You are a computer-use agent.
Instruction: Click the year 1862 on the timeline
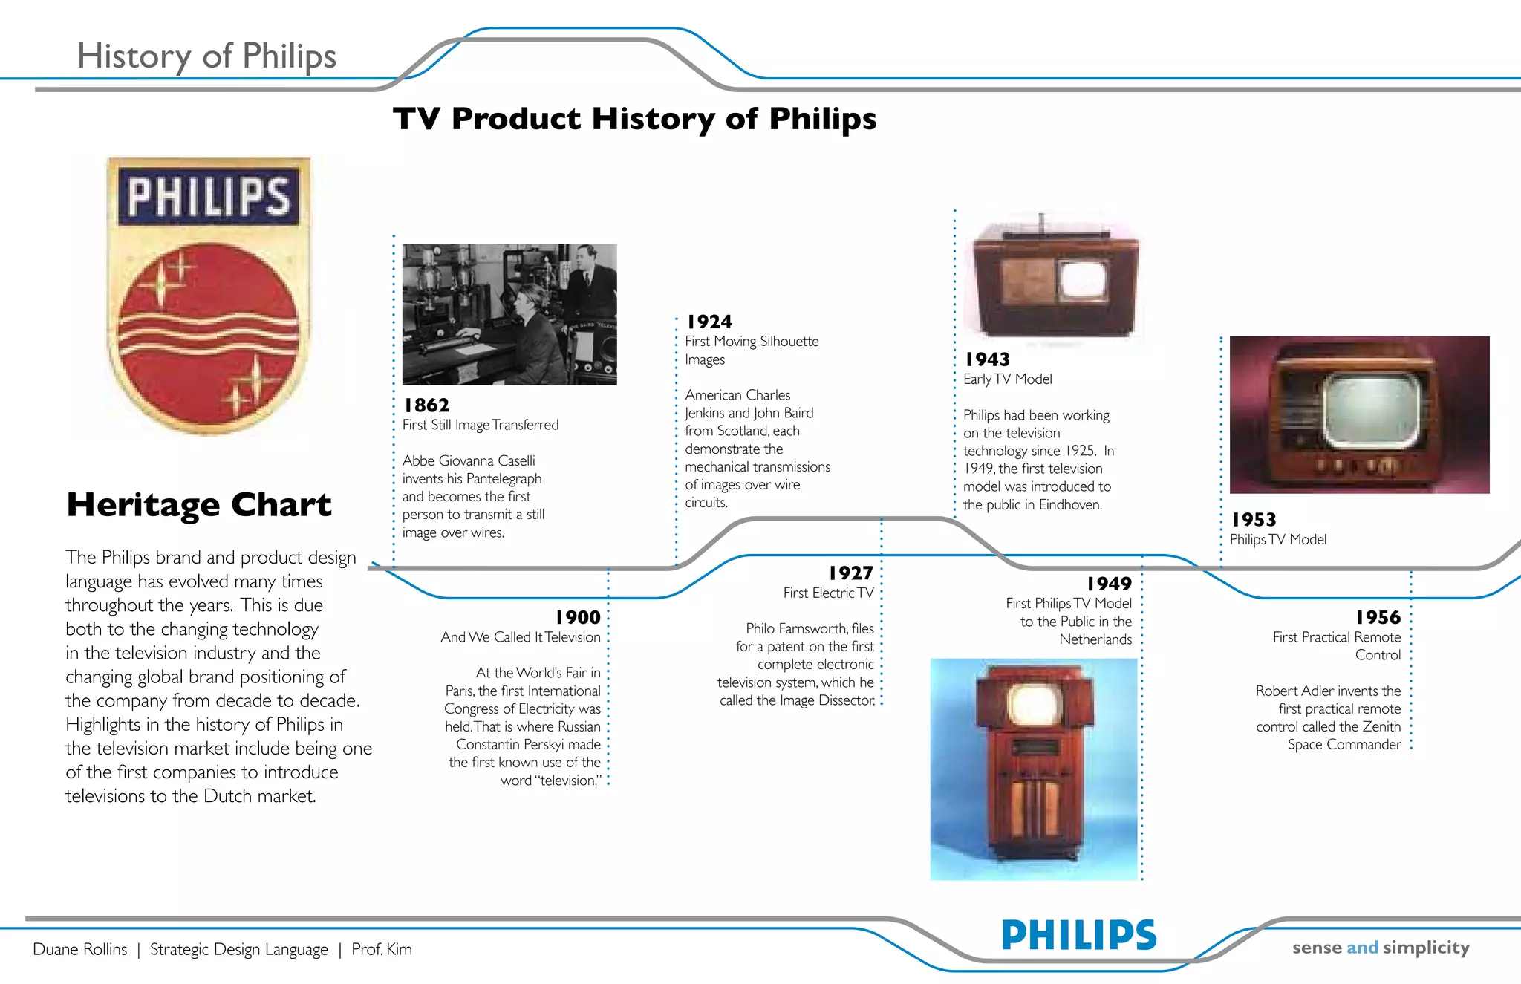pos(426,405)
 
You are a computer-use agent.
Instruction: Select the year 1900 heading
pos(578,618)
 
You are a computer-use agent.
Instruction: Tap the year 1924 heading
pos(709,322)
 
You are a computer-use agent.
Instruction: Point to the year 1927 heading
pos(851,573)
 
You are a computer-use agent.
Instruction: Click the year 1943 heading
pos(987,360)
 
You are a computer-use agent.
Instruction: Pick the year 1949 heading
pos(1109,584)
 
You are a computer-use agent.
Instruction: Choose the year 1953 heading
pos(1254,520)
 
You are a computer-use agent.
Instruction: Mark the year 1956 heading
pos(1378,618)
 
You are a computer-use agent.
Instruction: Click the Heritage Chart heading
pos(199,505)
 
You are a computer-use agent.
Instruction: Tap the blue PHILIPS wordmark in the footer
pos(1078,935)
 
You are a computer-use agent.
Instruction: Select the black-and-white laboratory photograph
pos(509,314)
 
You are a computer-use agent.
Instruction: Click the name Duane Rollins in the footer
pos(80,950)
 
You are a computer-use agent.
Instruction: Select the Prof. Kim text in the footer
pos(382,950)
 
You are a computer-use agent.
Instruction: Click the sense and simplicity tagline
pos(1381,948)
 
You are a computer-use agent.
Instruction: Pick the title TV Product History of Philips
pos(634,119)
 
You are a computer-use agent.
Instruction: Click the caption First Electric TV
pos(828,593)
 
